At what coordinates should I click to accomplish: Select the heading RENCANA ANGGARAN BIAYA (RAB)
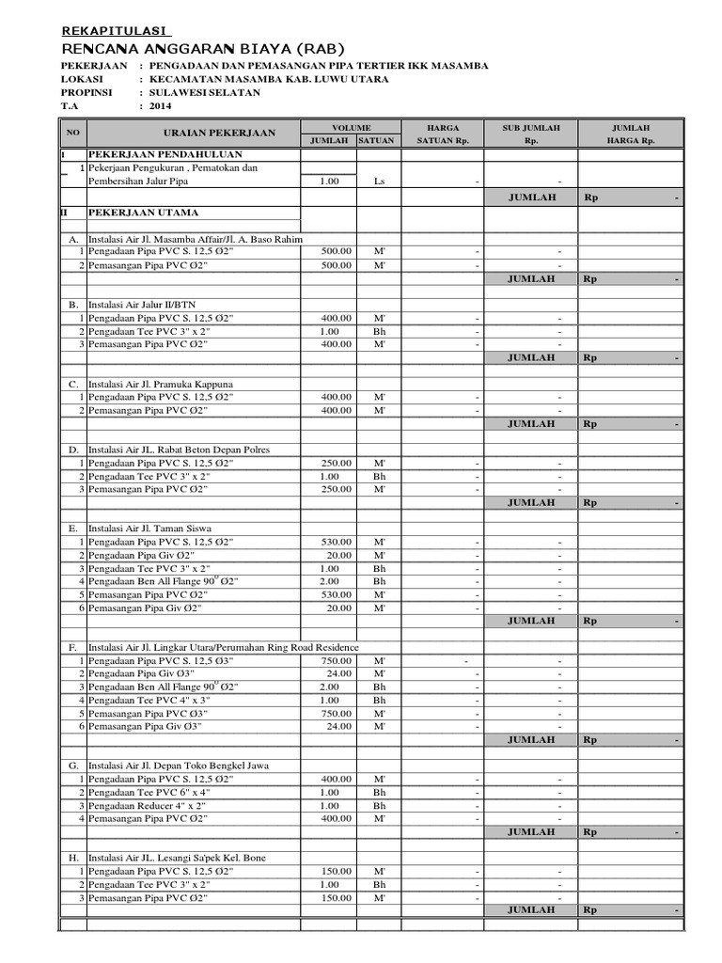[202, 48]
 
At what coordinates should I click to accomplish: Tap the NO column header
[71, 133]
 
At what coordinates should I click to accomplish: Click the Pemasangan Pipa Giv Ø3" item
[145, 727]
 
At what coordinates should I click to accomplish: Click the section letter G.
[72, 766]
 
